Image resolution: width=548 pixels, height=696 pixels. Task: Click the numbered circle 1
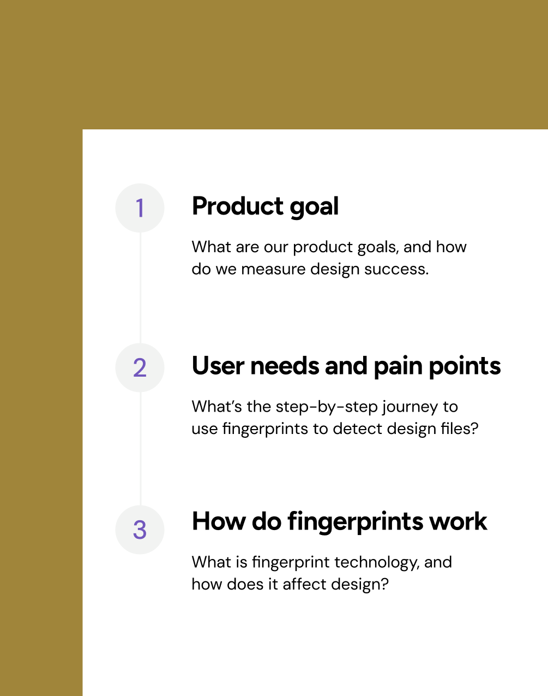pos(140,208)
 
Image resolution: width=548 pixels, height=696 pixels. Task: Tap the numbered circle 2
pos(140,367)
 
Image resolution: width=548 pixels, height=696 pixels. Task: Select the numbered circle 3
pos(140,530)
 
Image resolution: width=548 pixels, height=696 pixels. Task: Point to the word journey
pos(410,407)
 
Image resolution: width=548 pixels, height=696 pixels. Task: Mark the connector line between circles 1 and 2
pos(140,288)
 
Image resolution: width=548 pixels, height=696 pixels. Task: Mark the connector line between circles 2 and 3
pos(140,449)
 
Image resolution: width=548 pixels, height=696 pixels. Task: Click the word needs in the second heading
pos(285,366)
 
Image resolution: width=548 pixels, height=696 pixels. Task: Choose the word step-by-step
pos(327,407)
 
